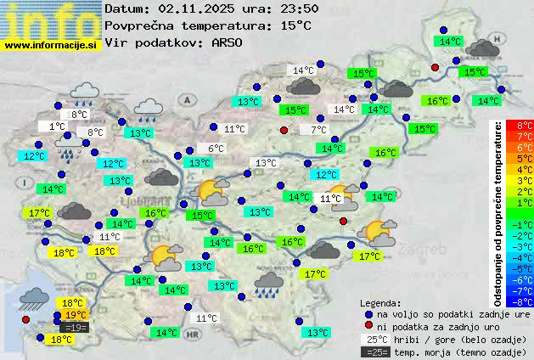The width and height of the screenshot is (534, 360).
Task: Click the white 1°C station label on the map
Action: pos(57,127)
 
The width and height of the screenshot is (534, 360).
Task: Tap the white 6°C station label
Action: pos(216,149)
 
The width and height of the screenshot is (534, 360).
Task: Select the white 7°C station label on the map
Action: pos(319,130)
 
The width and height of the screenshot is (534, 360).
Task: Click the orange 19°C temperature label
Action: pos(76,315)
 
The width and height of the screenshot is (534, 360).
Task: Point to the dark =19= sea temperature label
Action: pos(74,328)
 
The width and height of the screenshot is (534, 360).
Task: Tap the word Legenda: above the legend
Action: pos(381,302)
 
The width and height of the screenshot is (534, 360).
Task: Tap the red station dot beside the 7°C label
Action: pos(284,130)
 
